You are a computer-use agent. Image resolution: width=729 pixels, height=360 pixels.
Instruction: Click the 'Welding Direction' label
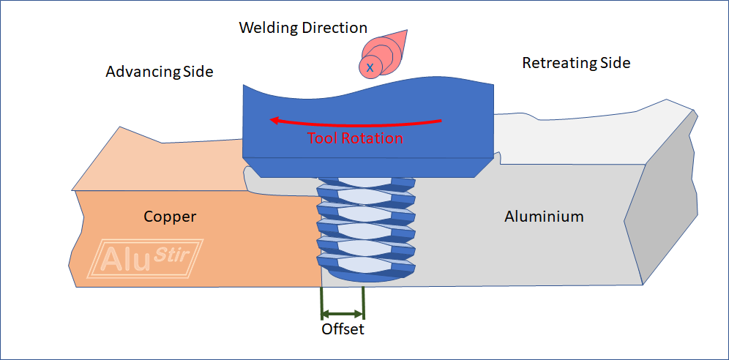coord(303,29)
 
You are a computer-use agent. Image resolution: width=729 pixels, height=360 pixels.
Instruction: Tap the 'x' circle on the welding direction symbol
coord(370,67)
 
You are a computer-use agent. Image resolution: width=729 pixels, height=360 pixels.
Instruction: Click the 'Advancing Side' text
coord(159,72)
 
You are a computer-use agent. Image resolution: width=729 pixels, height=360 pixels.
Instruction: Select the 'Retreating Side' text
coord(575,63)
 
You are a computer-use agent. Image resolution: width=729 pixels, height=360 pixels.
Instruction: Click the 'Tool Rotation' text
coord(355,138)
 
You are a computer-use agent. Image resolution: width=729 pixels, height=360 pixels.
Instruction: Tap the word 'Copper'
coord(170,217)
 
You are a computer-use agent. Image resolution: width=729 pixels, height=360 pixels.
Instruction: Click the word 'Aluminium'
coord(544,217)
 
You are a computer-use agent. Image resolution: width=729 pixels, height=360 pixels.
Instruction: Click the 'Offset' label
coord(343,329)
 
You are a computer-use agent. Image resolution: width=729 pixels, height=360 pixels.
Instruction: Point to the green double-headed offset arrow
coord(343,313)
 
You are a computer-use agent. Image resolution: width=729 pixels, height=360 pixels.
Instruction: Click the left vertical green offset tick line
coord(321,303)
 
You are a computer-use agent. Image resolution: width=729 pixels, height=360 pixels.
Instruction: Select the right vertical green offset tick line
coord(364,303)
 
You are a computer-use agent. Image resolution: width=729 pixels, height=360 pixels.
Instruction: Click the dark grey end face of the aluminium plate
coord(670,198)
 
